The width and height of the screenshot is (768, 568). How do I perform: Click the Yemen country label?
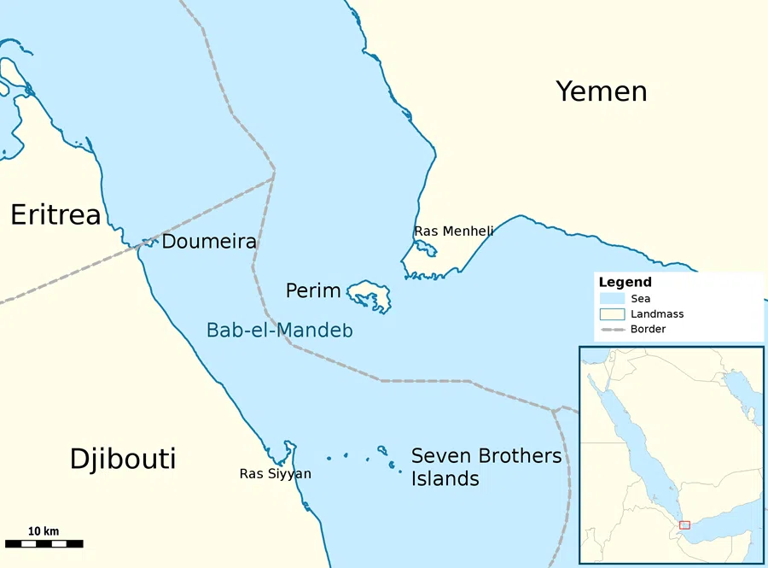coord(601,91)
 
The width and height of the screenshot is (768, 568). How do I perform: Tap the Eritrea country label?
coord(55,215)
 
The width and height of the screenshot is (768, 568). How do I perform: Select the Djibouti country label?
coord(123,459)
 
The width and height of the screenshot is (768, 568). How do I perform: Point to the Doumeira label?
coord(209,242)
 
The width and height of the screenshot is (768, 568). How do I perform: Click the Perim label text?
coord(313,291)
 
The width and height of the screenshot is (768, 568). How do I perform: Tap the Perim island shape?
coord(369,295)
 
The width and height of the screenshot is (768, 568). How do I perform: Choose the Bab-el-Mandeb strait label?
coord(280,330)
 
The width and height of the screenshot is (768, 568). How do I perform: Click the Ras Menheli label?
coord(453,231)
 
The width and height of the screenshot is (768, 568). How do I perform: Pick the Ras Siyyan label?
coord(275,474)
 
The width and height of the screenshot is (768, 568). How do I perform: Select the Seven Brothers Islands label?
coord(486,467)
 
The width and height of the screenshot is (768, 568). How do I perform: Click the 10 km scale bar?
coord(44,543)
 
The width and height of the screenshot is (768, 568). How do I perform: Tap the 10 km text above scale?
coord(44,531)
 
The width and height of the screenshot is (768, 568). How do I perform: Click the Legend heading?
coord(625,282)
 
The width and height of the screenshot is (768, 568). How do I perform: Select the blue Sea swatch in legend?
coord(612,299)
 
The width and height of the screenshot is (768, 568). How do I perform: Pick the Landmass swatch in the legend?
coord(612,313)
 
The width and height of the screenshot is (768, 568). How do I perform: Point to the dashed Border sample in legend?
coord(612,329)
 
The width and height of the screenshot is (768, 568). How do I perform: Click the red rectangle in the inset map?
coord(684,524)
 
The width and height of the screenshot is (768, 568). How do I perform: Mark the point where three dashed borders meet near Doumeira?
coord(274,173)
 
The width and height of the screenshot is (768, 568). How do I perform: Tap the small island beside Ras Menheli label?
coord(425,249)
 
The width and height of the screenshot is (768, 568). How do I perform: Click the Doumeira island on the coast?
coord(149,243)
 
